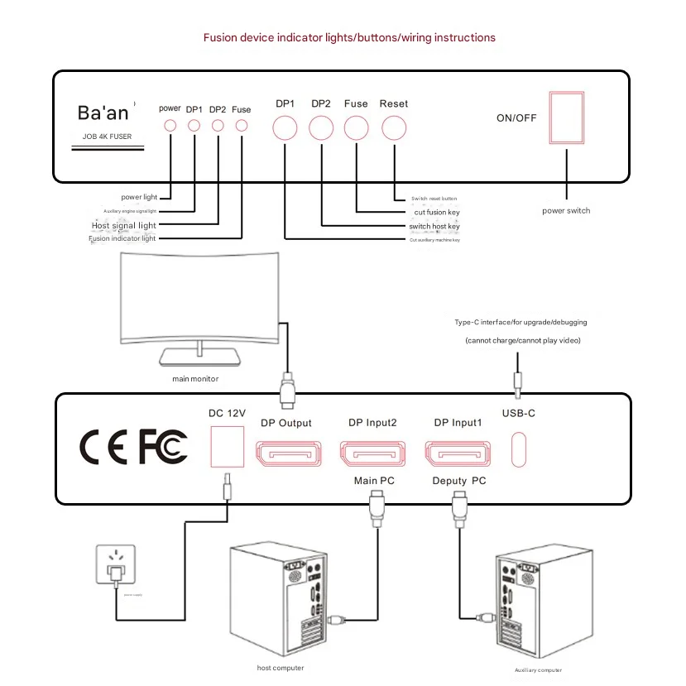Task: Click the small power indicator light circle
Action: point(170,125)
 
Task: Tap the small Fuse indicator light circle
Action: point(242,125)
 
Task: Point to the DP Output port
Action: point(285,454)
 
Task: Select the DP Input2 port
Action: point(369,454)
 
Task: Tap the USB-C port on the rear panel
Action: point(519,449)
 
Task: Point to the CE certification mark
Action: point(104,448)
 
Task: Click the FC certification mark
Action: point(162,447)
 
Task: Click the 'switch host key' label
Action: point(434,226)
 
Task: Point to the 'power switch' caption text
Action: point(567,210)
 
